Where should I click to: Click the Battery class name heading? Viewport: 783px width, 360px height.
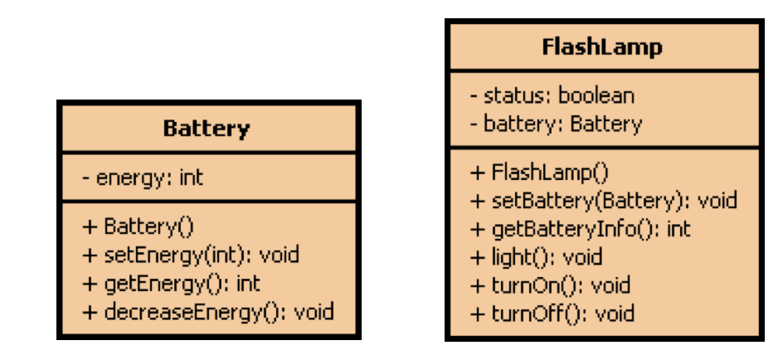207,129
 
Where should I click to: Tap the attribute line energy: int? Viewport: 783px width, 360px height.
143,177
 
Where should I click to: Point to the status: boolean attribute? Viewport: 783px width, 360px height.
552,95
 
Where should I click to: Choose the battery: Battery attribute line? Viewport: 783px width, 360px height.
555,124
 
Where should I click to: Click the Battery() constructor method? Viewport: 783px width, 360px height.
143,226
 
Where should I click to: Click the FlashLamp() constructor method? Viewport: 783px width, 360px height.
539,173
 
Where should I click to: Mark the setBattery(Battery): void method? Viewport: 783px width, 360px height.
603,201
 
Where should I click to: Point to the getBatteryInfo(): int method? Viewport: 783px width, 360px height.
580,229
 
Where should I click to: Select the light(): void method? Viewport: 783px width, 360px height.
536,257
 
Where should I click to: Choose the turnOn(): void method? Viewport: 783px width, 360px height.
550,285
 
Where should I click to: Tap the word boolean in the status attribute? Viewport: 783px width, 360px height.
596,95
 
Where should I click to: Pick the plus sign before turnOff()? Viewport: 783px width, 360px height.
477,314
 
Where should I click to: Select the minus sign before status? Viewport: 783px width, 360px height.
474,96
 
